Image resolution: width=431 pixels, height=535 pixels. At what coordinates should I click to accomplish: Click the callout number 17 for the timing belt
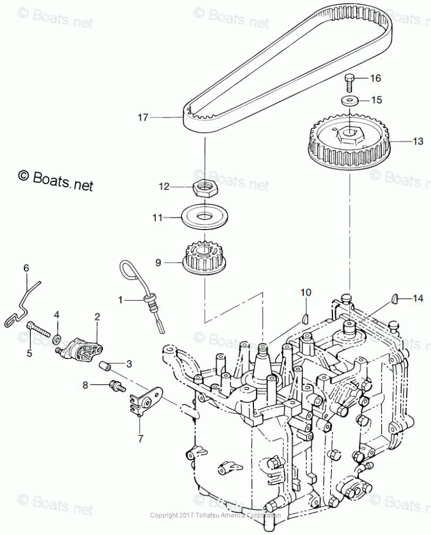pyautogui.click(x=142, y=117)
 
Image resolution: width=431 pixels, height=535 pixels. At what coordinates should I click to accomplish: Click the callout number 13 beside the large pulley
pyautogui.click(x=417, y=141)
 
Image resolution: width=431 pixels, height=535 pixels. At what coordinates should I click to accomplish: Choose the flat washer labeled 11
pyautogui.click(x=205, y=217)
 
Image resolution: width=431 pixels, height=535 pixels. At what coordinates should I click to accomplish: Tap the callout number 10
pyautogui.click(x=306, y=293)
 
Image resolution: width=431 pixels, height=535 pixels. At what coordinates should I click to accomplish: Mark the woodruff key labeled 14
pyautogui.click(x=395, y=297)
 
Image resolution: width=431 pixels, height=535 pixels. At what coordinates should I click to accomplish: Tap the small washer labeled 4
pyautogui.click(x=56, y=340)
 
